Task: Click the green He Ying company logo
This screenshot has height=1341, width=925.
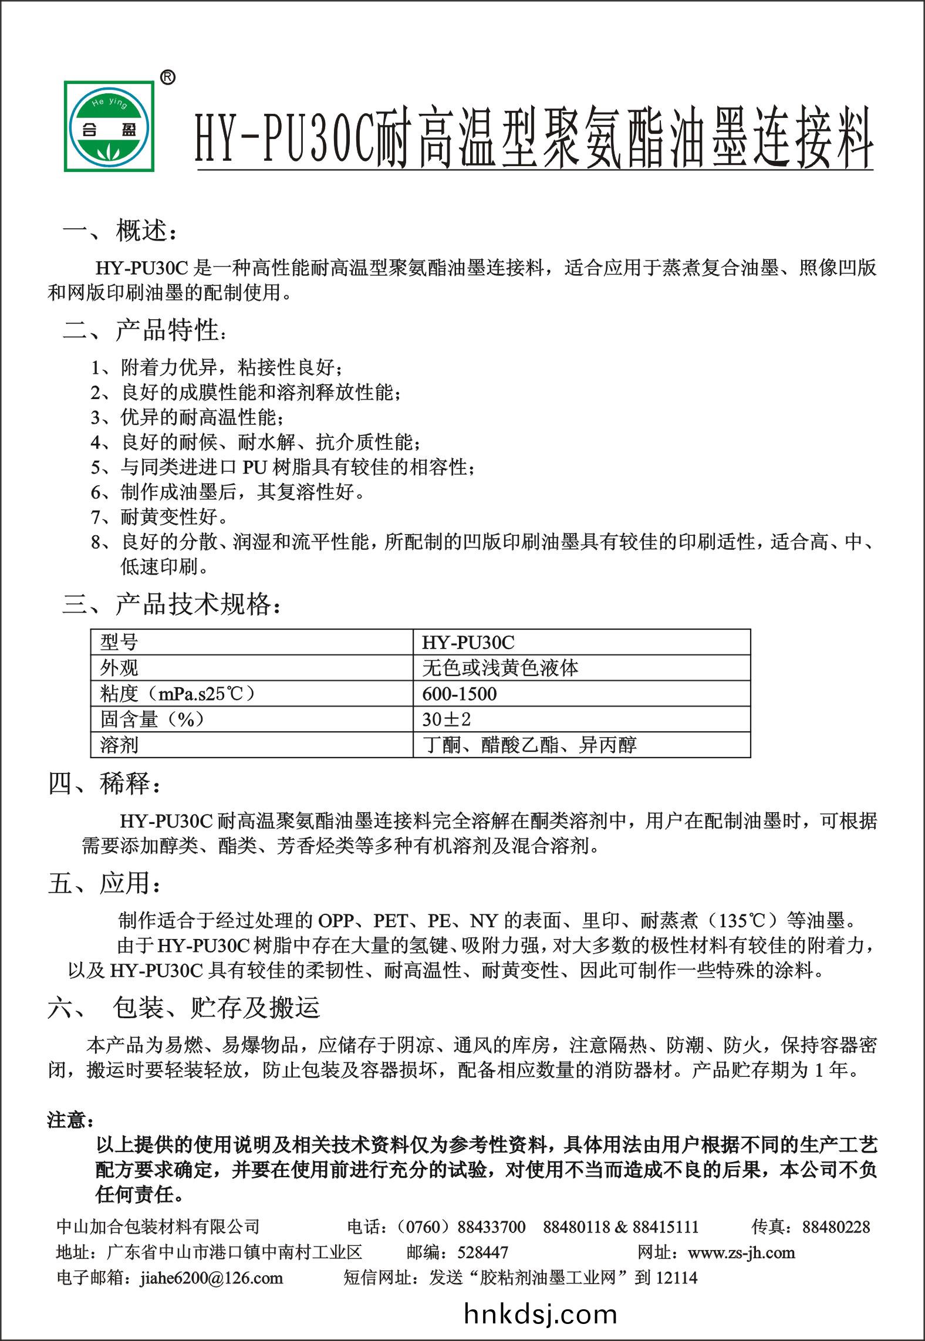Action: click(110, 126)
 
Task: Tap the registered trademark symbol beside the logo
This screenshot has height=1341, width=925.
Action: click(167, 78)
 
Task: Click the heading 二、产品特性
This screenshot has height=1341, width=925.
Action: click(143, 330)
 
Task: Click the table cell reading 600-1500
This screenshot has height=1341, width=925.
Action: click(459, 694)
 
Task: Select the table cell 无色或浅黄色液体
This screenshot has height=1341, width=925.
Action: click(500, 668)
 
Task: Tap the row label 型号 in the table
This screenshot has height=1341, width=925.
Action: click(119, 643)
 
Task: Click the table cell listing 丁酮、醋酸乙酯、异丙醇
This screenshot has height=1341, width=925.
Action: click(529, 745)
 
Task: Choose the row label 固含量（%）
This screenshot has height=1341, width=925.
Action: click(152, 719)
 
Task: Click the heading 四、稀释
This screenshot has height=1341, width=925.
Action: click(104, 783)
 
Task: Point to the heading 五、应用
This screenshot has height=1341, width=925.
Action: click(104, 883)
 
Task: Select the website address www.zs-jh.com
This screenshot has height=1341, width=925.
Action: click(741, 1252)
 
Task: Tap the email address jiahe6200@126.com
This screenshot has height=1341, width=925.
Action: click(211, 1278)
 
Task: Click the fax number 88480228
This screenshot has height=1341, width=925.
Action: click(836, 1227)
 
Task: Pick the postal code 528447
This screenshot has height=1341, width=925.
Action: click(482, 1252)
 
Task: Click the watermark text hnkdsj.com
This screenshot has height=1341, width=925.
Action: click(540, 1314)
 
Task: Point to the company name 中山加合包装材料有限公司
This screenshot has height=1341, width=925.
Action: click(158, 1227)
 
